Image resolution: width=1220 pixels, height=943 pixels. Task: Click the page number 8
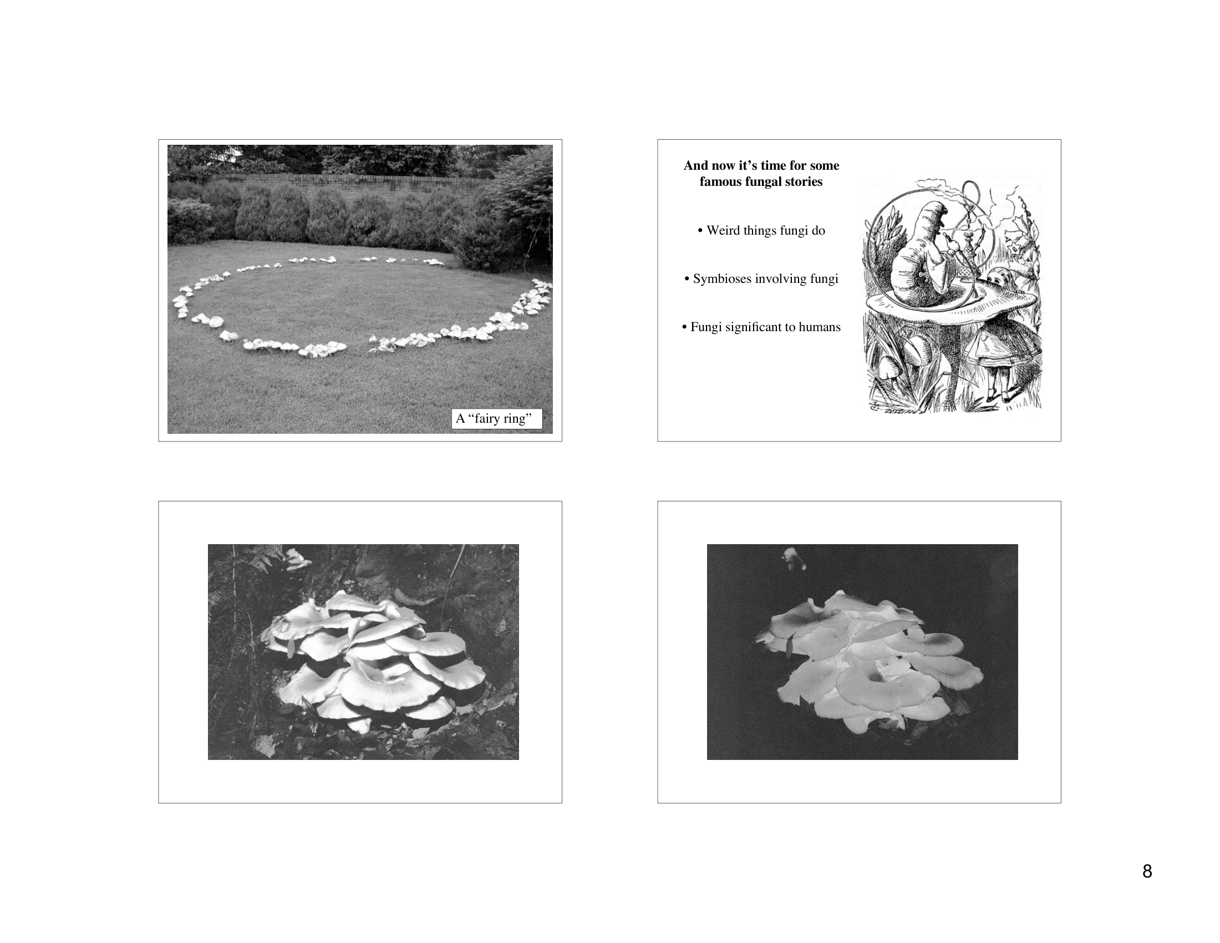[1147, 871]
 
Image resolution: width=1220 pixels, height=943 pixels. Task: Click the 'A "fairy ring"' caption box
[497, 418]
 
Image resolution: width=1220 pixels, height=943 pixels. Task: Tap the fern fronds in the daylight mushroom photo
[262, 559]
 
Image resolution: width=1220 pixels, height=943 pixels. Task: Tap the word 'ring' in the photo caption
[517, 418]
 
